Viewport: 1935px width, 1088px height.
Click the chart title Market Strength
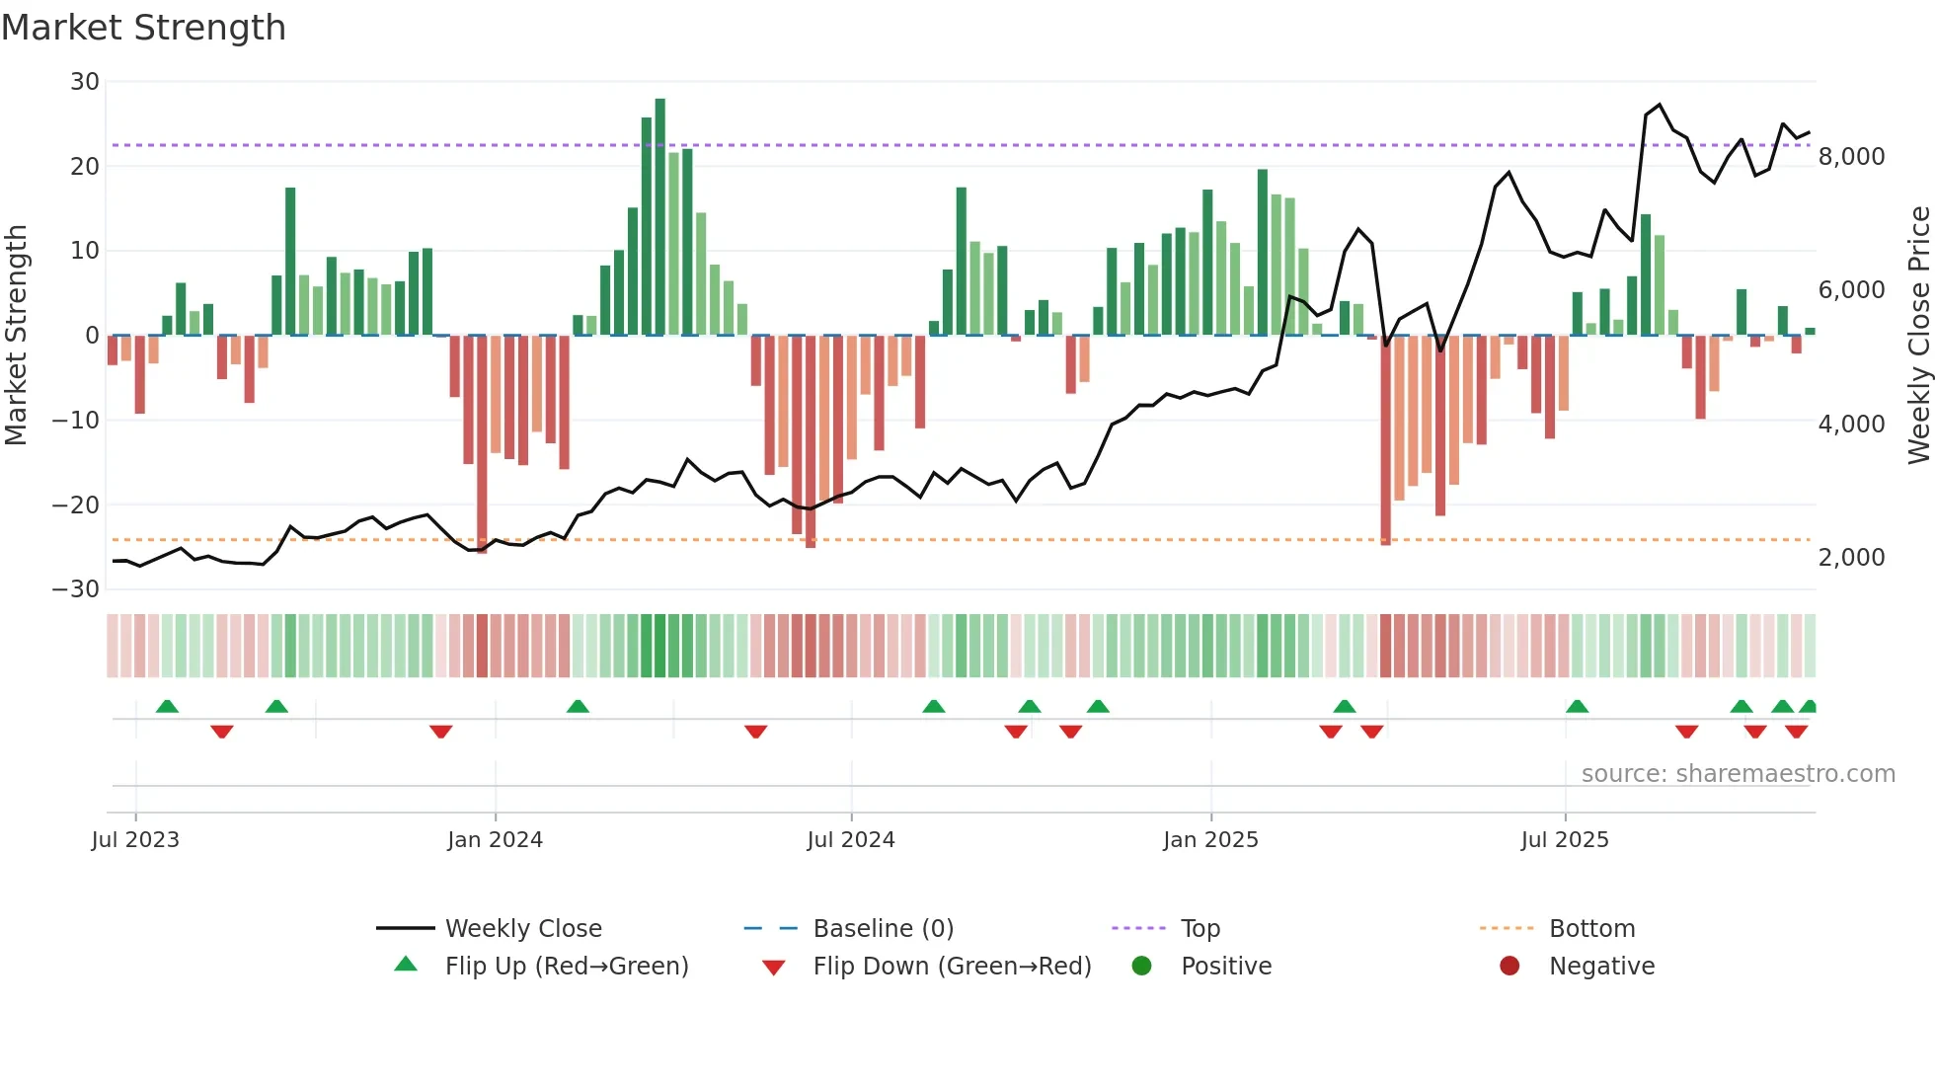pos(143,28)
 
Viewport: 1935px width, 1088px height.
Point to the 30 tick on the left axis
pos(85,82)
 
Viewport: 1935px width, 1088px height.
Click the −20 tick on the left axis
pos(76,505)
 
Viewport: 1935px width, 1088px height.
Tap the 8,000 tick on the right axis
pos(1851,157)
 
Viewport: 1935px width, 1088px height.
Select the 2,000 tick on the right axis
pos(1851,558)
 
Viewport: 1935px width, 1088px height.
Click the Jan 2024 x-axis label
pos(495,840)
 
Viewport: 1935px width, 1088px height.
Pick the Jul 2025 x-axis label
pos(1565,840)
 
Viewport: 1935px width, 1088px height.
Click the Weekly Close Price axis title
pos(1918,336)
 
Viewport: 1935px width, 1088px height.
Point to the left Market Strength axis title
pos(16,336)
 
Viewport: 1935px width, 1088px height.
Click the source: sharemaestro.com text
pos(1738,774)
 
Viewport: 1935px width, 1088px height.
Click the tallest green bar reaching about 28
pos(659,217)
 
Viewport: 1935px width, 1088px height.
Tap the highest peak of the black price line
pos(1660,105)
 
